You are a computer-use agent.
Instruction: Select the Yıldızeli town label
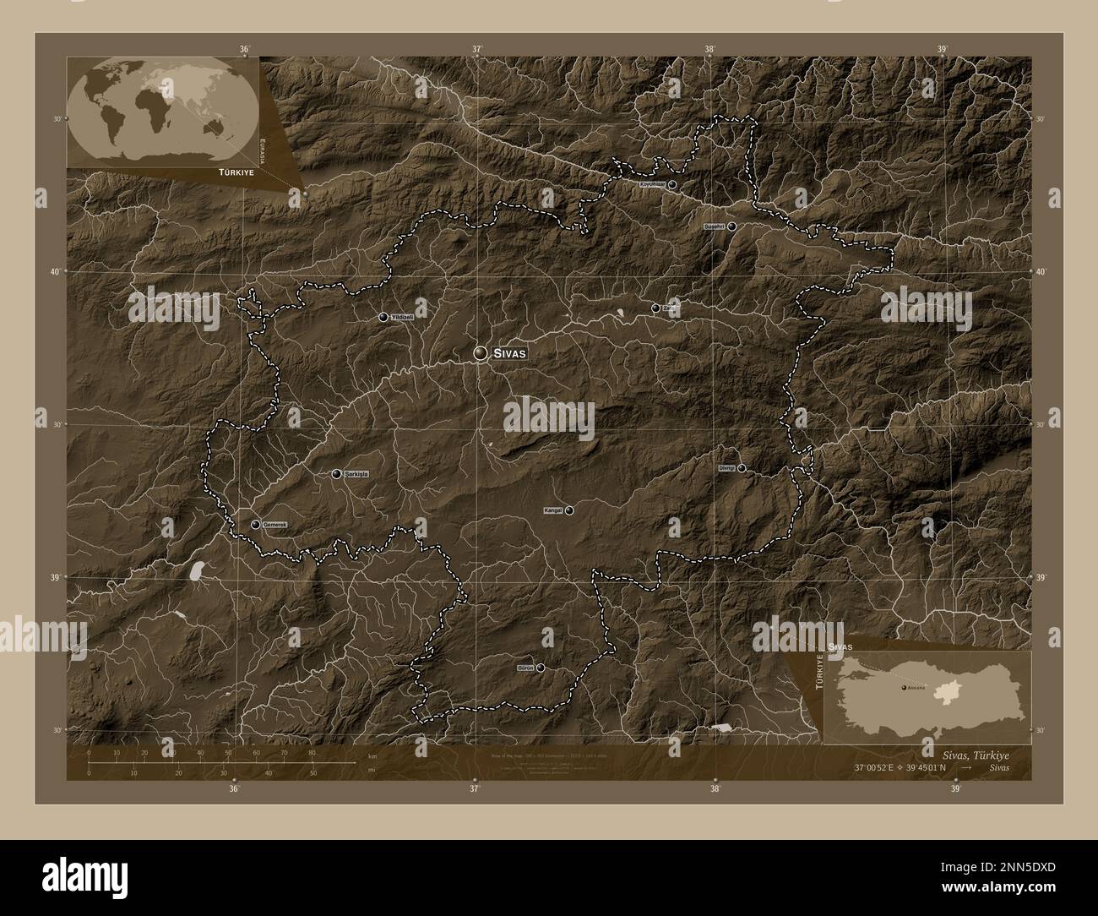pyautogui.click(x=402, y=317)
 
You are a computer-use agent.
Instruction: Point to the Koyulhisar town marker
pyautogui.click(x=672, y=183)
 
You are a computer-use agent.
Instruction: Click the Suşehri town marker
pyautogui.click(x=732, y=226)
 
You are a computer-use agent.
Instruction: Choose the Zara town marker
pyautogui.click(x=655, y=308)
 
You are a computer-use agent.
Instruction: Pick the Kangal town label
pyautogui.click(x=553, y=510)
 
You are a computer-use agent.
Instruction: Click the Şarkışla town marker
pyautogui.click(x=336, y=474)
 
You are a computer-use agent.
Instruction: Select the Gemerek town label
pyautogui.click(x=275, y=525)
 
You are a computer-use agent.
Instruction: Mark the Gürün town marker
pyautogui.click(x=541, y=668)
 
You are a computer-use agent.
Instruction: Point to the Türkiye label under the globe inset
pyautogui.click(x=236, y=171)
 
